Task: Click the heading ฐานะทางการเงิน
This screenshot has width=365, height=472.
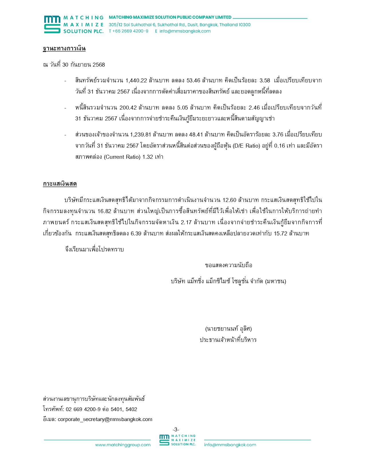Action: [64, 48]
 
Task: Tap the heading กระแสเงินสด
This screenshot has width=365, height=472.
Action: [60, 184]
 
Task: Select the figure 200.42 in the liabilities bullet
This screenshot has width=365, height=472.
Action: [128, 108]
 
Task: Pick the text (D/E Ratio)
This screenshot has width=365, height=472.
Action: [246, 146]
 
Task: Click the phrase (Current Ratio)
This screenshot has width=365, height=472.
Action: [122, 157]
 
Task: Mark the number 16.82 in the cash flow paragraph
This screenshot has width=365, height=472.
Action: [104, 211]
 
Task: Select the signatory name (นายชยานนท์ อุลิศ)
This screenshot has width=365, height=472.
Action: [228, 329]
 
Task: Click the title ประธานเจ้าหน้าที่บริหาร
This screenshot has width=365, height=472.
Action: [228, 340]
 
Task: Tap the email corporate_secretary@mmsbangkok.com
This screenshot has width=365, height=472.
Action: [105, 419]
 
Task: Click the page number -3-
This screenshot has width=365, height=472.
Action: [176, 429]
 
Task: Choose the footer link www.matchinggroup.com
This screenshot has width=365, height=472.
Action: [123, 445]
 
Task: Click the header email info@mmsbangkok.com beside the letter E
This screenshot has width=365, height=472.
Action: [185, 31]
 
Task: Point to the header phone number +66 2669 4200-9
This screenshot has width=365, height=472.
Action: [130, 31]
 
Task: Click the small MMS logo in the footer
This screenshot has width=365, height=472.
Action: [164, 440]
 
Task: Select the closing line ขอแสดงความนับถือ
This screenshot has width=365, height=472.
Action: [228, 265]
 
